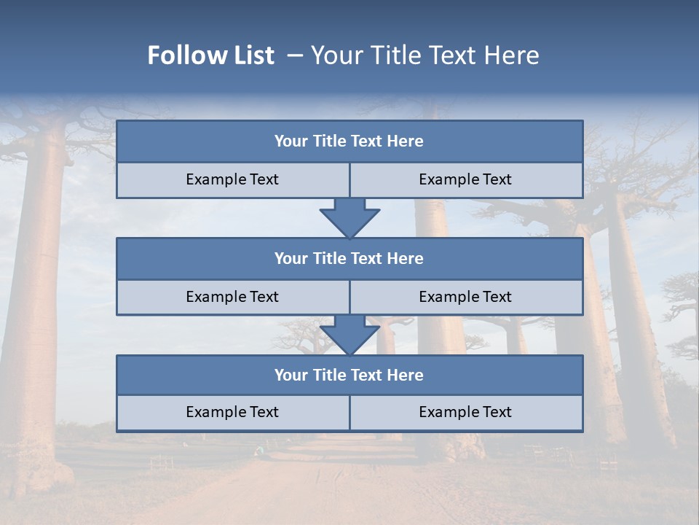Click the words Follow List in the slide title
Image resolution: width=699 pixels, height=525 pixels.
(210, 55)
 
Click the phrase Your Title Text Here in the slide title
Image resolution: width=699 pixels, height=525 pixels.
(424, 55)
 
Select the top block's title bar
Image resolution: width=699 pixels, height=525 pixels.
(349, 141)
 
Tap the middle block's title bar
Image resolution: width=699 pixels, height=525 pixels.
(349, 258)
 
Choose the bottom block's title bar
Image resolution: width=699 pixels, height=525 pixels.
(349, 375)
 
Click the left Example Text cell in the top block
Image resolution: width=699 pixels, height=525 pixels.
(232, 179)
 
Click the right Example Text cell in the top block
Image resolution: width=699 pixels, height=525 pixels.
(465, 179)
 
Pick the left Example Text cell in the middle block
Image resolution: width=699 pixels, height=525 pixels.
(232, 297)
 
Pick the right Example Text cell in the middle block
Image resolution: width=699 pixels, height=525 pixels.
(465, 297)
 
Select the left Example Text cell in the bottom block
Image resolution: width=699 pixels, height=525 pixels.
(232, 412)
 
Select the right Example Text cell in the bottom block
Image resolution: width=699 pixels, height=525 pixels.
(465, 412)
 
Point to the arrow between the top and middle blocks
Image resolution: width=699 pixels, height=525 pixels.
(349, 217)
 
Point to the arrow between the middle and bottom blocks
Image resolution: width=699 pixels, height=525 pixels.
(349, 335)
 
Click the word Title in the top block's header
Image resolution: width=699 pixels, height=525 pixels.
(329, 141)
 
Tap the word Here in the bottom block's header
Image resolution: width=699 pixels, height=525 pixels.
(405, 375)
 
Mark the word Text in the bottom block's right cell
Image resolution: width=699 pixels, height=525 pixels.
(496, 412)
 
